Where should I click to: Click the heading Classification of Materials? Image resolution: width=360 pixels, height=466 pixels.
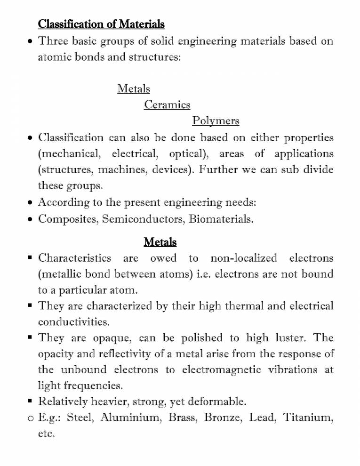101,24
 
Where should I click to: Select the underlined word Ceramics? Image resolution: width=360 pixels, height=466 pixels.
167,104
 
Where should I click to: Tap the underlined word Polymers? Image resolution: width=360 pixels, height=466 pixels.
216,121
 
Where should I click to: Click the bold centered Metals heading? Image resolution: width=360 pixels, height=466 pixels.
160,242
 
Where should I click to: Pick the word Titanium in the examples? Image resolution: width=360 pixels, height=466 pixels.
308,418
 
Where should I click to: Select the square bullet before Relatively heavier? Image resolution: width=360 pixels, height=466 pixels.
30,401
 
